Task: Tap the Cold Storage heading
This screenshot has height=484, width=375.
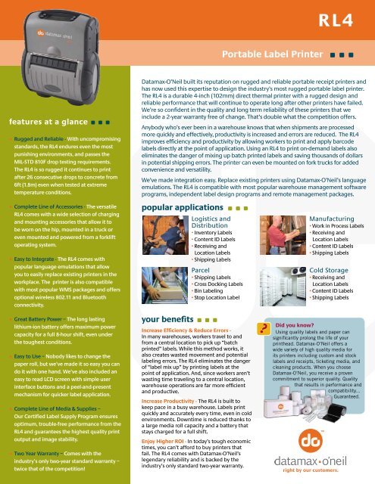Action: pyautogui.click(x=330, y=268)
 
